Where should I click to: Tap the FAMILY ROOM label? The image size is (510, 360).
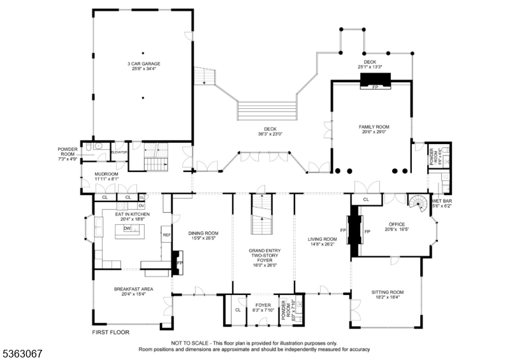point(374,127)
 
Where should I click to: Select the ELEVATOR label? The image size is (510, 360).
point(119,152)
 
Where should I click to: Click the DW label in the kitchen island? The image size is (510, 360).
point(127,228)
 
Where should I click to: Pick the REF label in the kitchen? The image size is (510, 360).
point(166,235)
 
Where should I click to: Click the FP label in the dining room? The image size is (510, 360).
point(180,262)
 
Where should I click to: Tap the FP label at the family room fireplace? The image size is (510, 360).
point(375,87)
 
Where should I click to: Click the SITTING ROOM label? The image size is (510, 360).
point(388,292)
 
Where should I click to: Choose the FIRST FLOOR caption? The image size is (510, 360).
point(111,333)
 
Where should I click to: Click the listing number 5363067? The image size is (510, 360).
point(22,352)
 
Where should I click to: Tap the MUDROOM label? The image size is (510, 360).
point(106,174)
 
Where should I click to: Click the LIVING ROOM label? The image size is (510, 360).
point(321,239)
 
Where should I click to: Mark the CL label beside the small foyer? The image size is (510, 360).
point(238,310)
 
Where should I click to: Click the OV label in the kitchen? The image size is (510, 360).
point(142,206)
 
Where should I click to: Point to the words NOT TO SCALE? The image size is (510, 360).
point(190,343)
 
